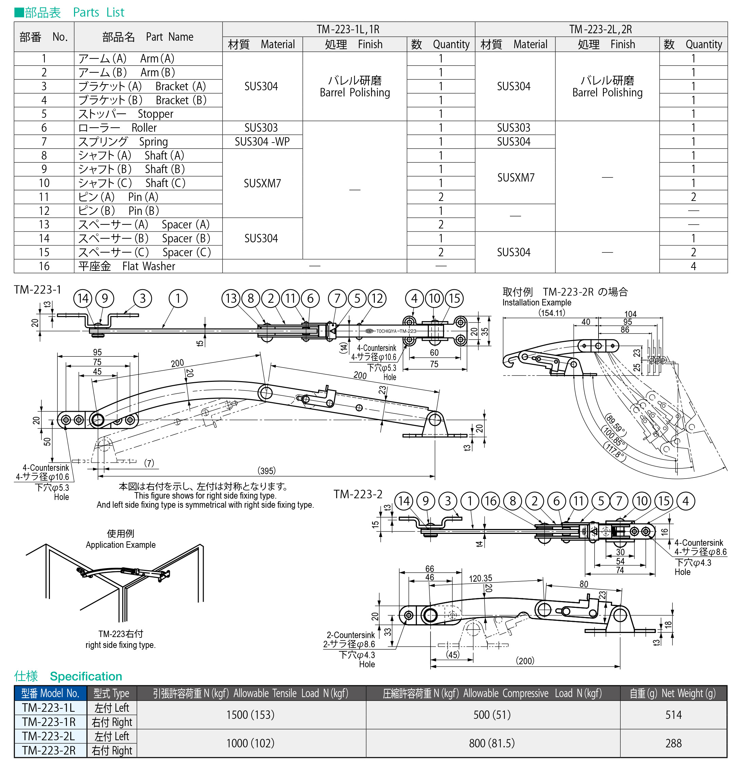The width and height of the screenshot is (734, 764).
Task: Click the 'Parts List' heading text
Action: point(98,13)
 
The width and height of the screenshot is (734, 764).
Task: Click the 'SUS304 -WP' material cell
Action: point(262,142)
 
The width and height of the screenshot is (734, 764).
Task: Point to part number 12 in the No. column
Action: point(44,211)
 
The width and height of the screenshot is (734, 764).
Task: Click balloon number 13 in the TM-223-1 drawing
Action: point(231,299)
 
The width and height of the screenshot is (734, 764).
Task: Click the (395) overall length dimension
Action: point(266,470)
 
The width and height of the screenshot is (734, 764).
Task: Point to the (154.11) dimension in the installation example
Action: point(551,313)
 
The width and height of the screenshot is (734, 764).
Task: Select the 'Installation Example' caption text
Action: point(536,302)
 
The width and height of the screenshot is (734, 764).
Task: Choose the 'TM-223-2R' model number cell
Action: point(49,750)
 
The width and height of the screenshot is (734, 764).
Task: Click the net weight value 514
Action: point(673,715)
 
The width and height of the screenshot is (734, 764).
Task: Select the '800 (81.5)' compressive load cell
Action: point(492,743)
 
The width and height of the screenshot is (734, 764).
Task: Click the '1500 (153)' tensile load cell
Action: point(250,715)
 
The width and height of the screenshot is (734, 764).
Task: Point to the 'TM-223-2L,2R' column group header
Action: point(600,29)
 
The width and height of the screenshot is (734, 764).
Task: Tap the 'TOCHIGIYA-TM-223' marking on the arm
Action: point(396,331)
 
